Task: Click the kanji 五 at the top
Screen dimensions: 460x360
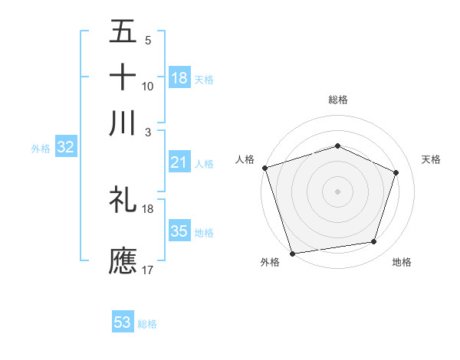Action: pyautogui.click(x=123, y=31)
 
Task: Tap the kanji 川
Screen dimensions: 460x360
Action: pyautogui.click(x=123, y=122)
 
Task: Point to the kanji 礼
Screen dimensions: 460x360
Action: pyautogui.click(x=123, y=199)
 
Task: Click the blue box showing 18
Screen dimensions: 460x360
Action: pyautogui.click(x=179, y=77)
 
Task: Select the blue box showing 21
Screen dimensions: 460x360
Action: pyautogui.click(x=179, y=162)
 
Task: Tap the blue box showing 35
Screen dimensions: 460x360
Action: pyautogui.click(x=179, y=231)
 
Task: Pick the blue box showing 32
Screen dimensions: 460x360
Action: pyautogui.click(x=65, y=148)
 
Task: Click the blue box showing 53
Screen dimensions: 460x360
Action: pyautogui.click(x=123, y=322)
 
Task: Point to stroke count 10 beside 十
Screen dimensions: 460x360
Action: pyautogui.click(x=148, y=87)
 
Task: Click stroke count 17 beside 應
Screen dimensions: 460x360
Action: pyautogui.click(x=148, y=270)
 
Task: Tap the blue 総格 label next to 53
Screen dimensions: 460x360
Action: pyautogui.click(x=148, y=324)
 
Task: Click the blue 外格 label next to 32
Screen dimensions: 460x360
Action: pyautogui.click(x=41, y=149)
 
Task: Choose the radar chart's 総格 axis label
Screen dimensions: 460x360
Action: pyautogui.click(x=337, y=100)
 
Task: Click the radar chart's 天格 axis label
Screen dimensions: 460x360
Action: pyautogui.click(x=432, y=159)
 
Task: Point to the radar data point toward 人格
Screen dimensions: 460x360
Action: pyautogui.click(x=264, y=168)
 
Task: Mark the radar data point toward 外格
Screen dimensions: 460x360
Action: pyautogui.click(x=293, y=253)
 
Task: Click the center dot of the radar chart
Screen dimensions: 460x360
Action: pyautogui.click(x=337, y=191)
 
